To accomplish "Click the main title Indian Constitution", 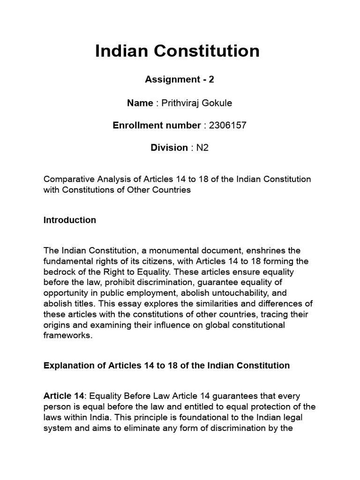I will point(177,51).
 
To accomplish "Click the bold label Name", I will point(140,102).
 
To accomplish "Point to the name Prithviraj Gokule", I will point(197,102).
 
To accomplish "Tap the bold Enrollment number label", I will point(157,125).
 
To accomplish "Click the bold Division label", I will point(169,148).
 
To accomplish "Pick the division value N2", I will point(202,148).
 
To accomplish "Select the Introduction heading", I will point(69,220).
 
